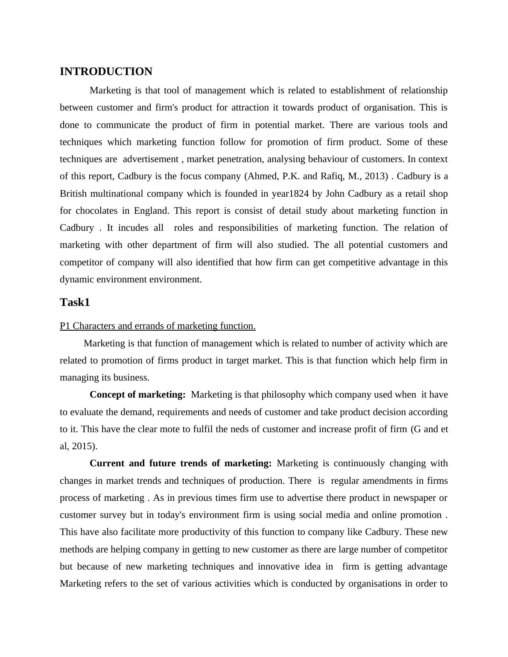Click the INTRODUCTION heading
[x=106, y=72]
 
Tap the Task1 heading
[x=75, y=302]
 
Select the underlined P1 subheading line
[x=158, y=326]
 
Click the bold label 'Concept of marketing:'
[x=137, y=395]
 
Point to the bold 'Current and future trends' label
[x=181, y=463]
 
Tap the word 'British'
[x=73, y=194]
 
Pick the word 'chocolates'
[x=96, y=211]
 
